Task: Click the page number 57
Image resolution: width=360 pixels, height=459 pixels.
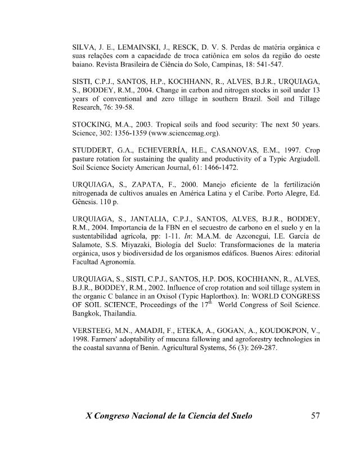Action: pyautogui.click(x=315, y=416)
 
